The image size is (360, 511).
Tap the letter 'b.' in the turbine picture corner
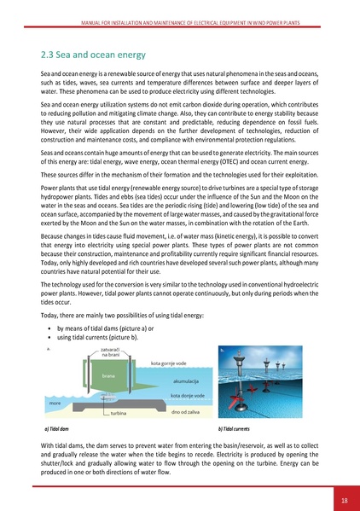pyautogui.click(x=224, y=351)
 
